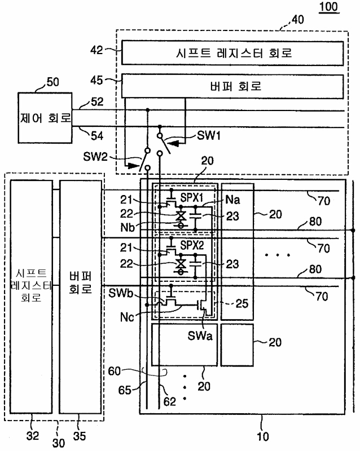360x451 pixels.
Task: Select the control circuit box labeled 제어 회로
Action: click(45, 118)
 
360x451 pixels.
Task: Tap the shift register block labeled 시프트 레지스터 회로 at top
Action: click(232, 54)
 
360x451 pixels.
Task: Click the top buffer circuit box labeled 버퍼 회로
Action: click(232, 87)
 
